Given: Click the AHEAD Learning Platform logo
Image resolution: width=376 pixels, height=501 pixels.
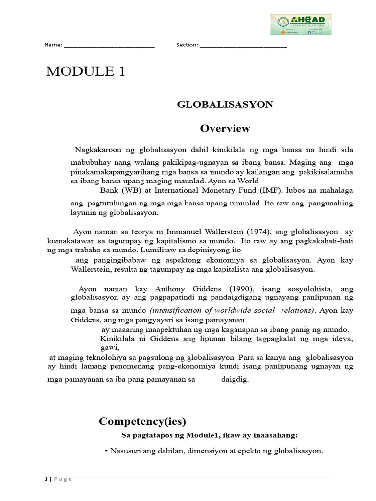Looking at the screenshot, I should click(301, 24).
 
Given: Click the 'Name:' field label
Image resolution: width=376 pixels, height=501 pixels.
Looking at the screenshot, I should click(53, 45).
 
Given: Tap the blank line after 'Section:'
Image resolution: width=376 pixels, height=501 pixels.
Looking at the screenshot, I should click(243, 46).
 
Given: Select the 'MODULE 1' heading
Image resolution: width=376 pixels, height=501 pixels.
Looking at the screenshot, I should click(86, 72).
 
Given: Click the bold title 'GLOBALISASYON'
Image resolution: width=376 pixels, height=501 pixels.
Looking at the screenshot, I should click(225, 105).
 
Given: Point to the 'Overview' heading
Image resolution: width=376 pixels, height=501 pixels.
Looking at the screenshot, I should click(225, 129).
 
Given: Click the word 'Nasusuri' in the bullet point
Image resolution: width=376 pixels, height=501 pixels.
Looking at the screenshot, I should click(123, 451).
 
